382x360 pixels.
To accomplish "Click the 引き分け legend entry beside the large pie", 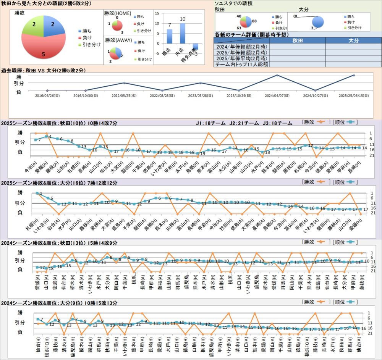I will [89, 44].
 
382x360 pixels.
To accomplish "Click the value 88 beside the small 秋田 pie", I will [254, 21].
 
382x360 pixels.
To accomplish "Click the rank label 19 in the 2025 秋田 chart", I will [203, 153].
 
